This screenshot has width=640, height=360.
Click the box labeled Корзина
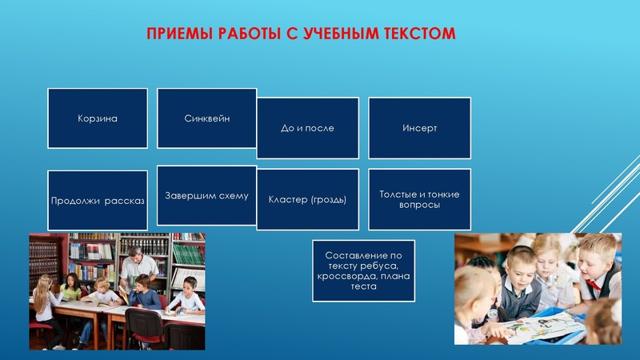pyautogui.click(x=98, y=118)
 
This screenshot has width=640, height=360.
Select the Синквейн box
pyautogui.click(x=206, y=118)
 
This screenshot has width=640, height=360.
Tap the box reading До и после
pyautogui.click(x=307, y=128)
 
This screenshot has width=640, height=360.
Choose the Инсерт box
pyautogui.click(x=419, y=128)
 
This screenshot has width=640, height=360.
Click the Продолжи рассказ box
pyautogui.click(x=98, y=201)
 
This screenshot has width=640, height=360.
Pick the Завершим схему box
pyautogui.click(x=206, y=195)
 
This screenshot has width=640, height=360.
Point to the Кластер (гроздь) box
pyautogui.click(x=307, y=199)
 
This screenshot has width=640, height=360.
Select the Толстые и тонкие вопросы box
pyautogui.click(x=419, y=199)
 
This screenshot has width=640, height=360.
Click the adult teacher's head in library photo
pyautogui.click(x=137, y=254)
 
